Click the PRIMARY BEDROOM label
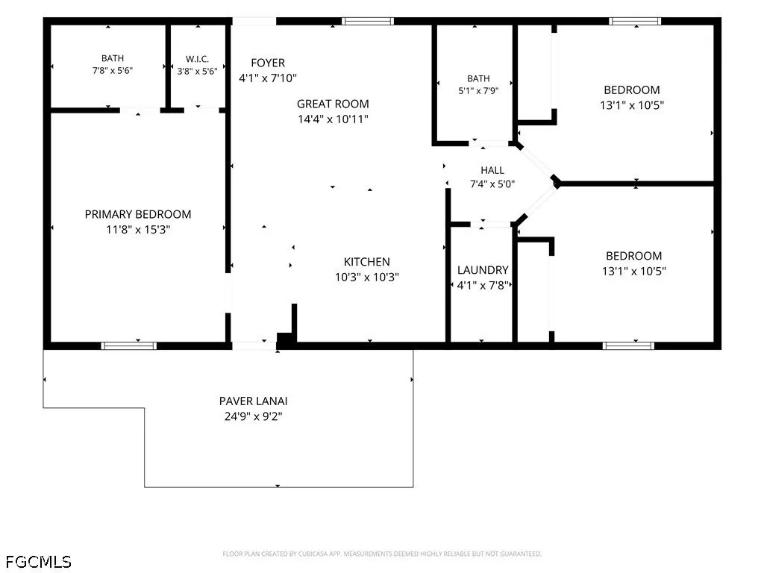point(138,214)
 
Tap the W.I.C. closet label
point(197,59)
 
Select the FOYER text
point(268,63)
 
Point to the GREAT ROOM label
point(333,104)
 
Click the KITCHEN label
point(367,262)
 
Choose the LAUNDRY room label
point(483,270)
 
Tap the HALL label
point(492,170)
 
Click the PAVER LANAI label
point(254,401)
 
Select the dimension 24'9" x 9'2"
point(254,416)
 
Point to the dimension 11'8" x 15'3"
point(138,230)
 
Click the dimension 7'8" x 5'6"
point(113,71)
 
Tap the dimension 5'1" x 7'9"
point(478,90)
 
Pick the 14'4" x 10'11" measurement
point(333,119)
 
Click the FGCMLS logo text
point(39,562)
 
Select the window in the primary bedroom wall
point(128,346)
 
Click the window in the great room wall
point(367,21)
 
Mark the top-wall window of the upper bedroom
point(635,21)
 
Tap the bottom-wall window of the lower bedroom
point(628,346)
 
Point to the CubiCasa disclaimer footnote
point(382,554)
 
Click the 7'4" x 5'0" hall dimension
point(492,184)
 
